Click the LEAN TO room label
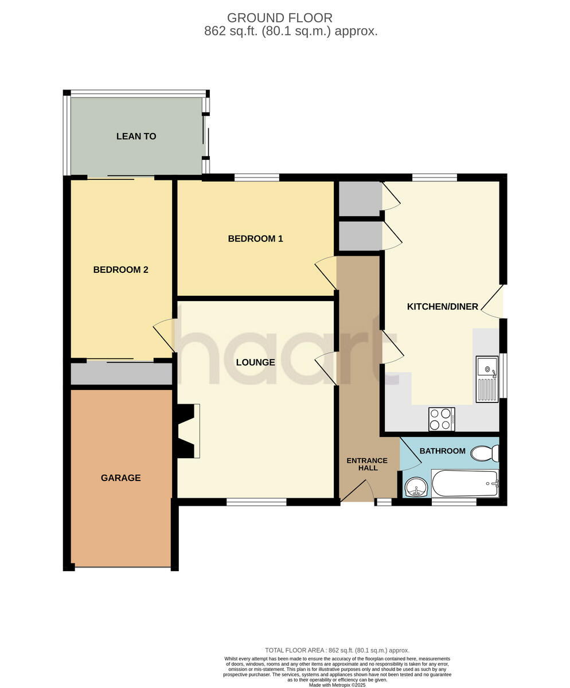pyautogui.click(x=136, y=136)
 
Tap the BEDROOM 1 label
pyautogui.click(x=255, y=239)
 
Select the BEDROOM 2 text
pyautogui.click(x=120, y=269)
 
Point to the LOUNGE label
pyautogui.click(x=255, y=362)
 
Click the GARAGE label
pyautogui.click(x=120, y=478)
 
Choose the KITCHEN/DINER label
pyautogui.click(x=442, y=307)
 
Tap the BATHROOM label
pyautogui.click(x=442, y=451)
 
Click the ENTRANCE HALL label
pyautogui.click(x=367, y=464)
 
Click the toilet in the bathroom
pyautogui.click(x=484, y=454)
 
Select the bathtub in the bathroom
pyautogui.click(x=464, y=483)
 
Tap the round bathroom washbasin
pyautogui.click(x=416, y=488)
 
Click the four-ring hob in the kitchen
pyautogui.click(x=442, y=419)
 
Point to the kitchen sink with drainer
pyautogui.click(x=487, y=379)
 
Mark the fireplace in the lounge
pyautogui.click(x=188, y=431)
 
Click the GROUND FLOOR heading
pyautogui.click(x=279, y=18)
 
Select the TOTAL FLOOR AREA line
pyautogui.click(x=337, y=650)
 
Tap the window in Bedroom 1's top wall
pyautogui.click(x=256, y=177)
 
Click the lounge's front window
pyautogui.click(x=256, y=502)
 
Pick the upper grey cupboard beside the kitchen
pyautogui.click(x=360, y=198)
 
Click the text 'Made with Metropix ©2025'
pyautogui.click(x=337, y=685)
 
